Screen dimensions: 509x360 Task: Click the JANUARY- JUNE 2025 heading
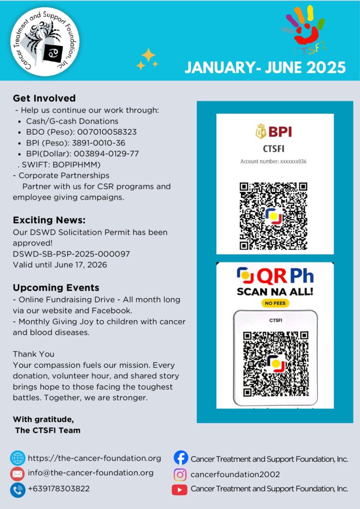(265, 67)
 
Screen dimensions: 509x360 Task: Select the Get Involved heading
(44, 98)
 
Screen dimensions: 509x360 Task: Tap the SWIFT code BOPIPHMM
(72, 165)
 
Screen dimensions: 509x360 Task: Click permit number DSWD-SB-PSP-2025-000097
(72, 254)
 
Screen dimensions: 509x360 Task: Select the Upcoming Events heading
(56, 288)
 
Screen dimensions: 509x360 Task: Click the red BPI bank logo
(274, 132)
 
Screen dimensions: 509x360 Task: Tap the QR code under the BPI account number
(273, 216)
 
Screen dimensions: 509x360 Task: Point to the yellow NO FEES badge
(275, 303)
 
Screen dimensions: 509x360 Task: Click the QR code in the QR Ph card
(274, 364)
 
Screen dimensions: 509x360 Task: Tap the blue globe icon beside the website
(18, 458)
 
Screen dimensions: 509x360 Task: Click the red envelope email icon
(18, 474)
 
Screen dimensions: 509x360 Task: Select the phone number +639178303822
(59, 489)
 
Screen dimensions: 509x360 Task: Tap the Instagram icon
(180, 474)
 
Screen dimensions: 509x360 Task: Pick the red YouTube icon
(180, 489)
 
